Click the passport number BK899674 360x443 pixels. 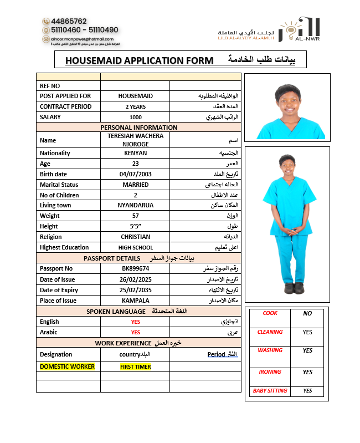135,268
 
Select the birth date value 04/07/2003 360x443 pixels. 135,174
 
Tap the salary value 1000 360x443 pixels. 135,117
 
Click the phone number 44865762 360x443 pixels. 68,21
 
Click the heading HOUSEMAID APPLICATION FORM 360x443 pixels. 139,60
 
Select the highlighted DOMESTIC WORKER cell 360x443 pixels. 67,366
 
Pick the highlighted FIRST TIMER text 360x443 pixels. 135,366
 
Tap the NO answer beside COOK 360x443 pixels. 307,313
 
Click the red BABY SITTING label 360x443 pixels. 270,391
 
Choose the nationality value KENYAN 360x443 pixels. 135,153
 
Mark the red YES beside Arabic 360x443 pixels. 135,332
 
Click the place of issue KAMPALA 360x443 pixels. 135,301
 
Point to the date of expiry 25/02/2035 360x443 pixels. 135,290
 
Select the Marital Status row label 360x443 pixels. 59,185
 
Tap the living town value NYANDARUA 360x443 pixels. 135,205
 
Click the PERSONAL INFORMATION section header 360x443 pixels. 138,128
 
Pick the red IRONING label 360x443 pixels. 270,372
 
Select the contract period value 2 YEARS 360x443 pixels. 135,106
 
